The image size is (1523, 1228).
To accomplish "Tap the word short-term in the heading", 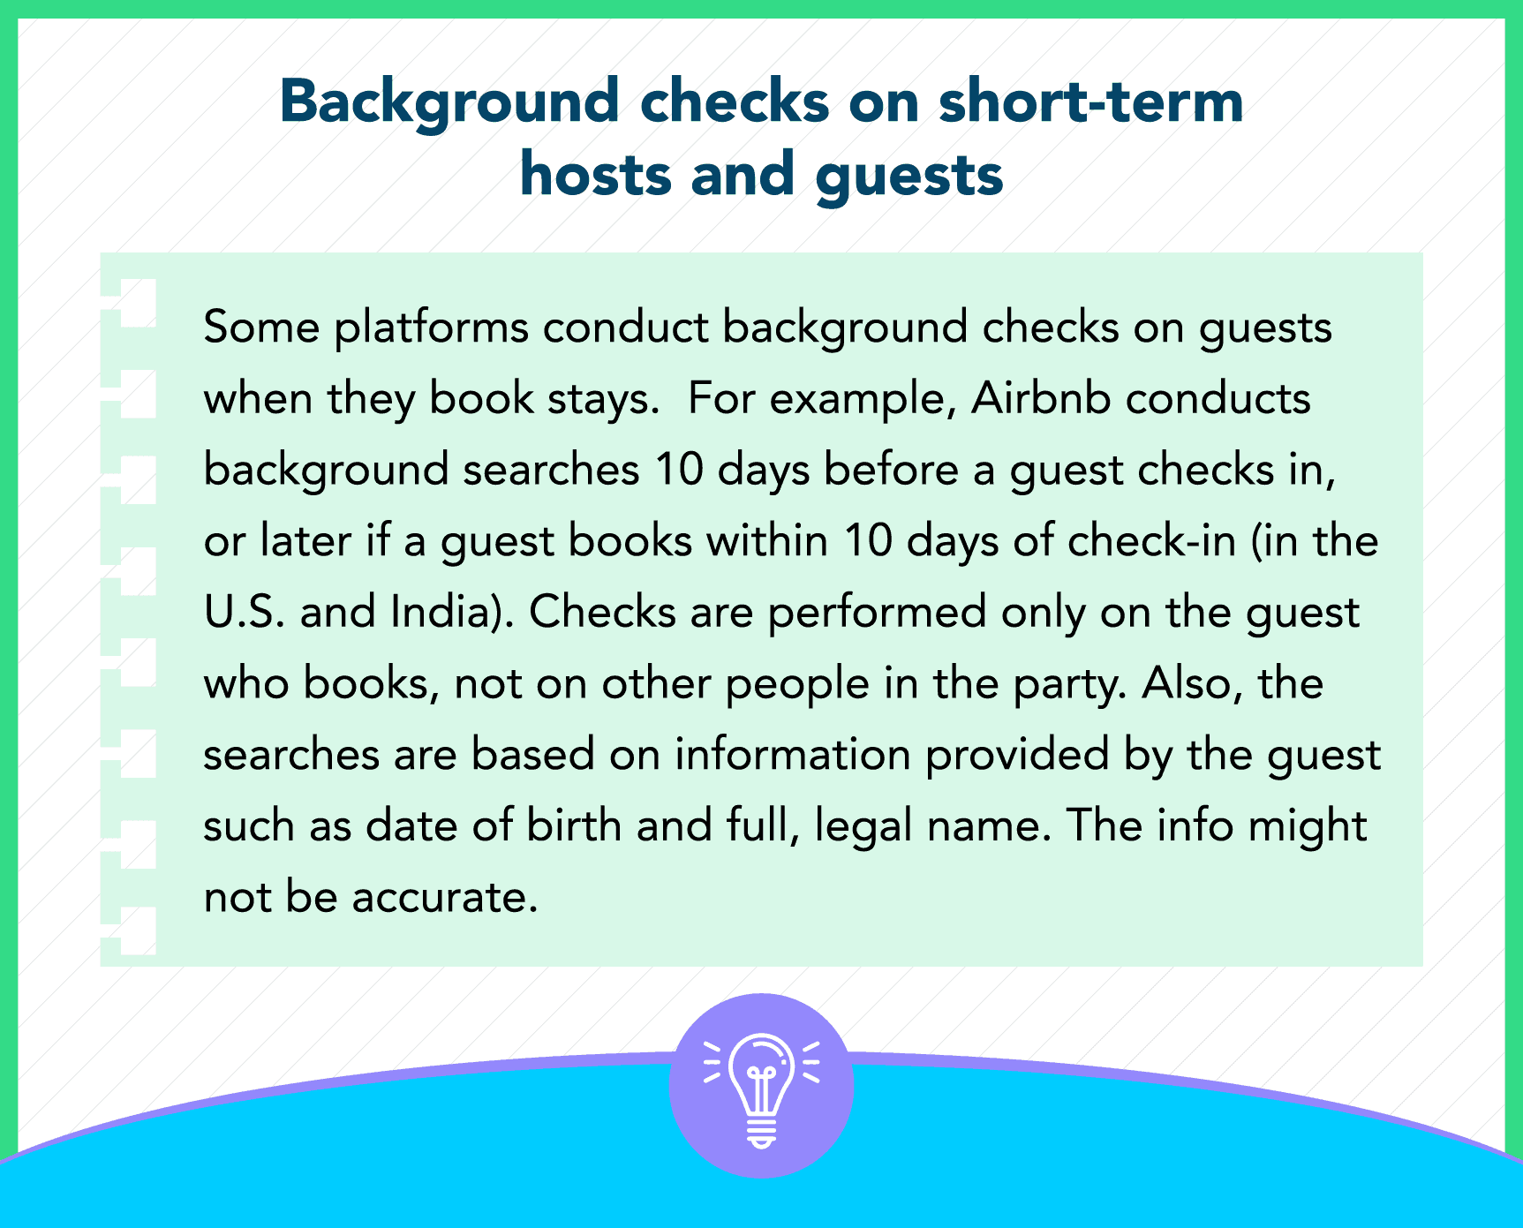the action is point(1090,101).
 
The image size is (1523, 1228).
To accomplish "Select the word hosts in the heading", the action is point(596,174).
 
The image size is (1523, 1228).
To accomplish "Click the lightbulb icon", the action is point(761,1087).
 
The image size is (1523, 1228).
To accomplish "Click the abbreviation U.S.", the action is point(245,612).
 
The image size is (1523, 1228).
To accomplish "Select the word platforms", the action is point(432,328).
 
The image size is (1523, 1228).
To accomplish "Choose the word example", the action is point(863,399).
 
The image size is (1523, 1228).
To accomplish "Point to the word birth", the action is point(575,825).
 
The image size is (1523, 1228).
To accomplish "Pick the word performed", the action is point(877,613).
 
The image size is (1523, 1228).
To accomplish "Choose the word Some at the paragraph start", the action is point(261,328).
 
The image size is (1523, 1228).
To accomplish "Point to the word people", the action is point(797,684).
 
